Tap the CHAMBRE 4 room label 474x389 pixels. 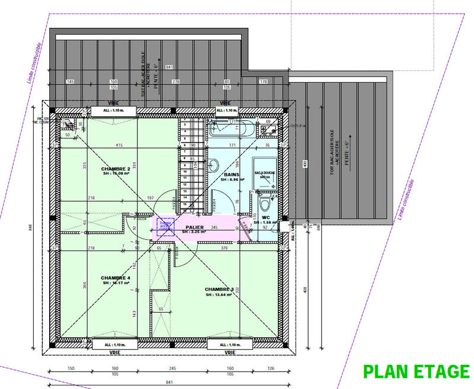click(x=115, y=277)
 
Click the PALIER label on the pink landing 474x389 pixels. click(x=194, y=227)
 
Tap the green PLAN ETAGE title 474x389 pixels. click(x=415, y=371)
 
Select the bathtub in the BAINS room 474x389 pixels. click(x=232, y=127)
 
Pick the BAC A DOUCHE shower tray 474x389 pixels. click(x=265, y=173)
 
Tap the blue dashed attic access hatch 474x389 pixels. click(x=166, y=226)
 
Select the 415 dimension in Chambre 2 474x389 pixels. click(x=119, y=146)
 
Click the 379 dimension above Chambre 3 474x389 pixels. click(x=223, y=248)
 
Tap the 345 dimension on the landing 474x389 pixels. click(x=214, y=227)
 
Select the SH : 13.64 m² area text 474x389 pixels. click(x=219, y=294)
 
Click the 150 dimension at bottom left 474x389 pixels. click(x=71, y=368)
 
